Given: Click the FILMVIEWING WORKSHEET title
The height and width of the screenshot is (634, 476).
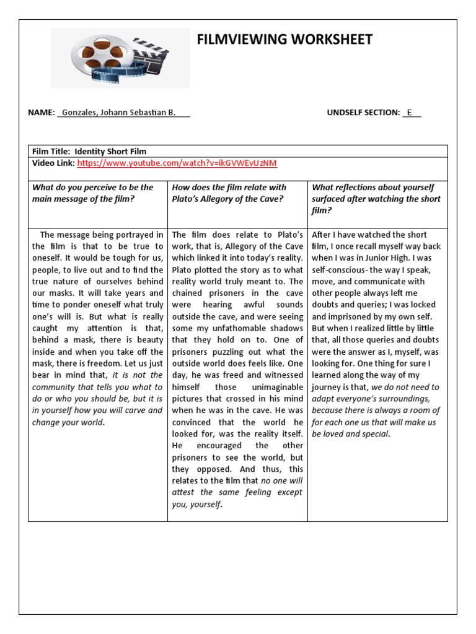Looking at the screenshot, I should click(284, 40).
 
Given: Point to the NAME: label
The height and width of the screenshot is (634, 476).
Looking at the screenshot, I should click(42, 113).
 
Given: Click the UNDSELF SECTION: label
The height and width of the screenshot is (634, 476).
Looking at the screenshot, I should click(363, 113).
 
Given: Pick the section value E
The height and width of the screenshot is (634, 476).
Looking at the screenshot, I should click(409, 113).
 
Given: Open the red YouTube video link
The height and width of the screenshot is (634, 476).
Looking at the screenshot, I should click(177, 163).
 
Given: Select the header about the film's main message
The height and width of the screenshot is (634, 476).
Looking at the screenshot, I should click(93, 193).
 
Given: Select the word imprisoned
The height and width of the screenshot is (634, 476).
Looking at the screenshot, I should click(352, 316).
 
